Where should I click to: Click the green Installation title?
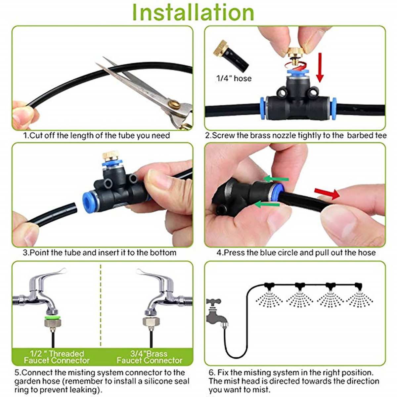[x=193, y=13]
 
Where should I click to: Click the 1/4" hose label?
[x=234, y=78]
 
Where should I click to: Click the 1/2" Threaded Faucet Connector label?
[x=57, y=357]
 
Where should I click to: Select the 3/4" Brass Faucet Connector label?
[x=149, y=357]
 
